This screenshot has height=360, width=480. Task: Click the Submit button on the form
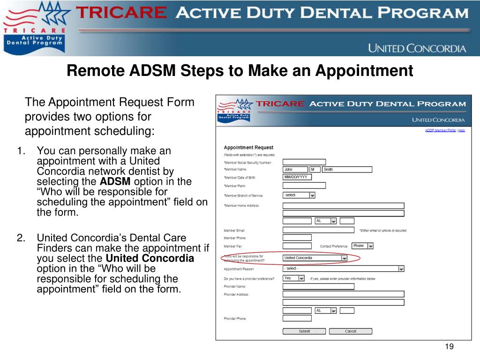click(304, 331)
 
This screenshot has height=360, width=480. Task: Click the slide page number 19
click(450, 346)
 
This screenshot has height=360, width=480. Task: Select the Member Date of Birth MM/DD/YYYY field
click(297, 177)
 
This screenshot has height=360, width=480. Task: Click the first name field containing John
click(294, 169)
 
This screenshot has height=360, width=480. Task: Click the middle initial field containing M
click(315, 169)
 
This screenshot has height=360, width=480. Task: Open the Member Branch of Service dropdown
click(299, 195)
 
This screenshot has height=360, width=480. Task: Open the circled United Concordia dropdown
click(315, 258)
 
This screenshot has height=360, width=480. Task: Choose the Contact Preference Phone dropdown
click(363, 246)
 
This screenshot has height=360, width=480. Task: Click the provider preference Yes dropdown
click(294, 278)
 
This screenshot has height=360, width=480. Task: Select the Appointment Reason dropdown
click(343, 269)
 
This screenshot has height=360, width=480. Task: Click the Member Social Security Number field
click(304, 162)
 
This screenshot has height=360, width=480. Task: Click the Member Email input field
click(318, 230)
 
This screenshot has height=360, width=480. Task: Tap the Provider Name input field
click(318, 286)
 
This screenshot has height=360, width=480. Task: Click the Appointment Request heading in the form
click(248, 148)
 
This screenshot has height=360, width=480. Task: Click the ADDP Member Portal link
click(440, 130)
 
